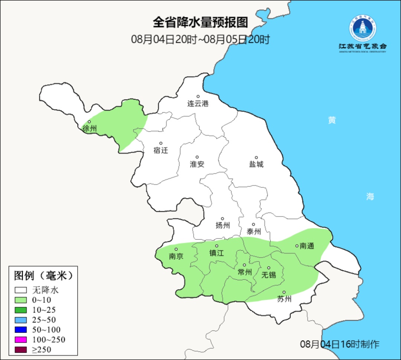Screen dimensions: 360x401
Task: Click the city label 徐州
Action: pyautogui.click(x=90, y=129)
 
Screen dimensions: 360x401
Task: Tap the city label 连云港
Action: pyautogui.click(x=198, y=104)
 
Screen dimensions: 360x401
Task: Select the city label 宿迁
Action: pyautogui.click(x=161, y=150)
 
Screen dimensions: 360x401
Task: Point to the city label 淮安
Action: pyautogui.click(x=197, y=164)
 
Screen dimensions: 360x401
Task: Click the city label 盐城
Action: pyautogui.click(x=256, y=164)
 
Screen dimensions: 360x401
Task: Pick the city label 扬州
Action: pyautogui.click(x=223, y=225)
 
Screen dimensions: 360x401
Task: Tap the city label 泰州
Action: pyautogui.click(x=254, y=232)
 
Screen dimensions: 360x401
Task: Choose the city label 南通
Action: pyautogui.click(x=307, y=246)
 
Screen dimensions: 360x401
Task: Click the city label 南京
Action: pyautogui.click(x=176, y=256)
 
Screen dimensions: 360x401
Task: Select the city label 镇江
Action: pyautogui.click(x=217, y=253)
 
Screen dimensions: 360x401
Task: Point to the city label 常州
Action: pyautogui.click(x=245, y=272)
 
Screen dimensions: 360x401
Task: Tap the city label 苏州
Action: pyautogui.click(x=284, y=299)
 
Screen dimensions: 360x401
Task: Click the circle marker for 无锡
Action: pyautogui.click(x=269, y=268)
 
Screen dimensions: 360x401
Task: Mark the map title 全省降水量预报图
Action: pyautogui.click(x=200, y=23)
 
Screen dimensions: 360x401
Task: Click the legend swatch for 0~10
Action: pyautogui.click(x=21, y=300)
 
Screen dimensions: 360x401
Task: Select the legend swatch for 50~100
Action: pyautogui.click(x=21, y=330)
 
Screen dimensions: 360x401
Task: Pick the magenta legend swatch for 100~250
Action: pyautogui.click(x=21, y=340)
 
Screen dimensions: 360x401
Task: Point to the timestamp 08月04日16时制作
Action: pyautogui.click(x=340, y=344)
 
